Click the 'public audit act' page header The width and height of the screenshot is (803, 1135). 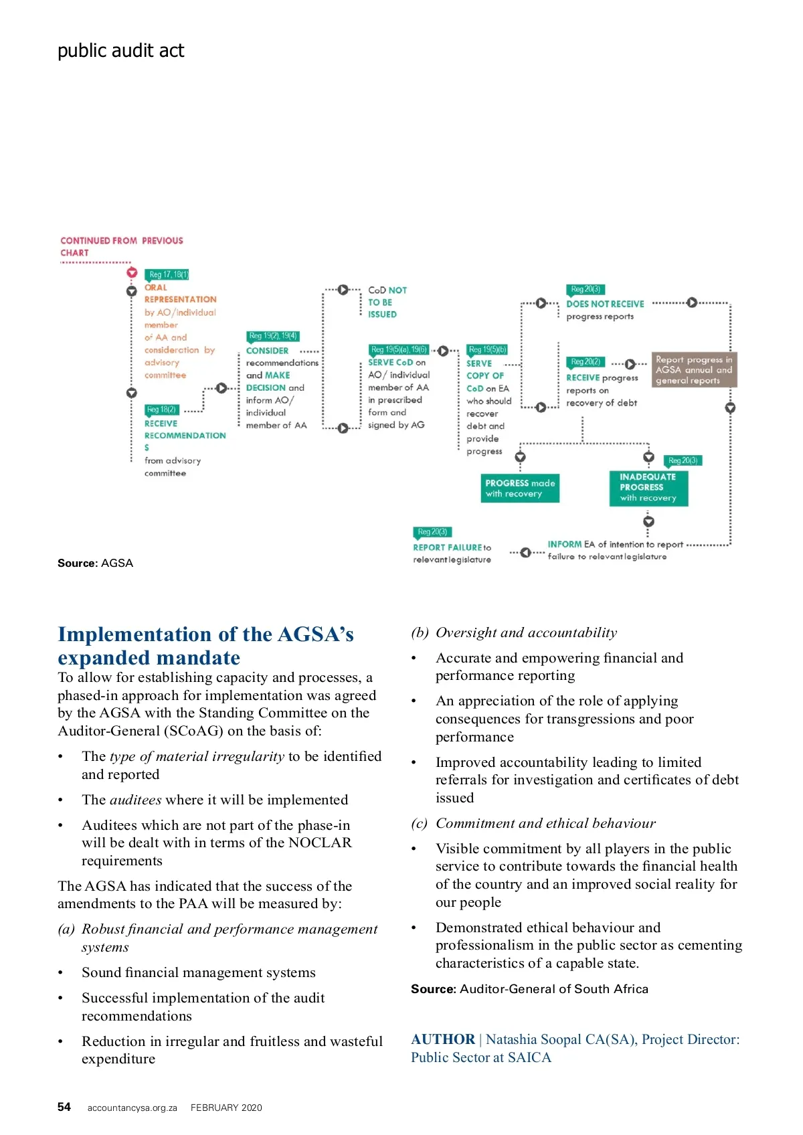tap(120, 51)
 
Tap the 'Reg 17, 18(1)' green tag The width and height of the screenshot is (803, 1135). tap(169, 274)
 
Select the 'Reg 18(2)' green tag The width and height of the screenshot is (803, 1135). tap(161, 410)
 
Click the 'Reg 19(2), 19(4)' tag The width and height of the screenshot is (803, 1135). tap(273, 336)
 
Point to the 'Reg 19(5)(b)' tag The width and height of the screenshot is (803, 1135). tap(488, 349)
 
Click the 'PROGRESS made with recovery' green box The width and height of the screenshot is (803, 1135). tap(520, 489)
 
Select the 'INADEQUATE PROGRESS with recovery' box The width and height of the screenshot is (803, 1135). tap(648, 487)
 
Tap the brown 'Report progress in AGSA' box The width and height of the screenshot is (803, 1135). tap(694, 370)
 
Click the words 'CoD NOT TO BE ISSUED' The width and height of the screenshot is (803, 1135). tap(387, 302)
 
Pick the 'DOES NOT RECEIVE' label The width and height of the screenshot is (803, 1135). tap(605, 304)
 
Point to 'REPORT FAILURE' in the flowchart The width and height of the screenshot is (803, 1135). tap(448, 547)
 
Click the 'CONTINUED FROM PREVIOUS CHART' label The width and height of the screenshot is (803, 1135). tap(121, 246)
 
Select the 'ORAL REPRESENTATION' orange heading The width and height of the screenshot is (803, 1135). tap(180, 294)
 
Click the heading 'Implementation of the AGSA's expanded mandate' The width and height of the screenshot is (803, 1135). tap(205, 645)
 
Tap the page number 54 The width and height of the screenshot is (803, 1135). tap(64, 1107)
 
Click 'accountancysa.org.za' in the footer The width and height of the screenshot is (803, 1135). tap(132, 1108)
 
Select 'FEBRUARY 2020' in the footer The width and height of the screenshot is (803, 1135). tap(226, 1108)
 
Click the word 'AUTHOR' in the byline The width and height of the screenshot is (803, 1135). tap(443, 1039)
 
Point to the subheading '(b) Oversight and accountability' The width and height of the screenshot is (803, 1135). tap(514, 632)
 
